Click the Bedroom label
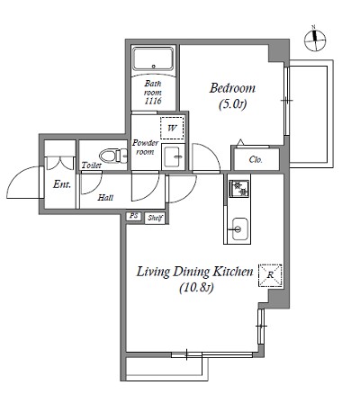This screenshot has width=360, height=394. click(232, 88)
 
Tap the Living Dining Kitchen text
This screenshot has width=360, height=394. click(195, 272)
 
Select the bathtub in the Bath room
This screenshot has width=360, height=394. click(153, 59)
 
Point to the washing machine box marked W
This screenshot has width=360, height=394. click(172, 128)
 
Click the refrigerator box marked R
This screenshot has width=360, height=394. click(270, 275)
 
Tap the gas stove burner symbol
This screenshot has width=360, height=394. click(239, 189)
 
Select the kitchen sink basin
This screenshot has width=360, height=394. click(239, 229)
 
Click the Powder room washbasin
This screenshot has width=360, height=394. click(173, 157)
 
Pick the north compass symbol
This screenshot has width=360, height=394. click(315, 40)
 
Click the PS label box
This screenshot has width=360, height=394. click(133, 216)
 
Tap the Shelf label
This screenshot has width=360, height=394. click(155, 218)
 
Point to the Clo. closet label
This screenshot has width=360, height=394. click(256, 159)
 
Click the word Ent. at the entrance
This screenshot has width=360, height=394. click(62, 184)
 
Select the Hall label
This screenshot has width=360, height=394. click(105, 198)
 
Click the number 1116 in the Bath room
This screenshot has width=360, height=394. click(153, 101)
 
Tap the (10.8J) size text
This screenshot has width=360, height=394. click(196, 288)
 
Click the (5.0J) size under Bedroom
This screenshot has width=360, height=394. click(233, 104)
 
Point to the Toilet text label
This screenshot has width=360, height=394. click(92, 165)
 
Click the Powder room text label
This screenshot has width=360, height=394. click(145, 148)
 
